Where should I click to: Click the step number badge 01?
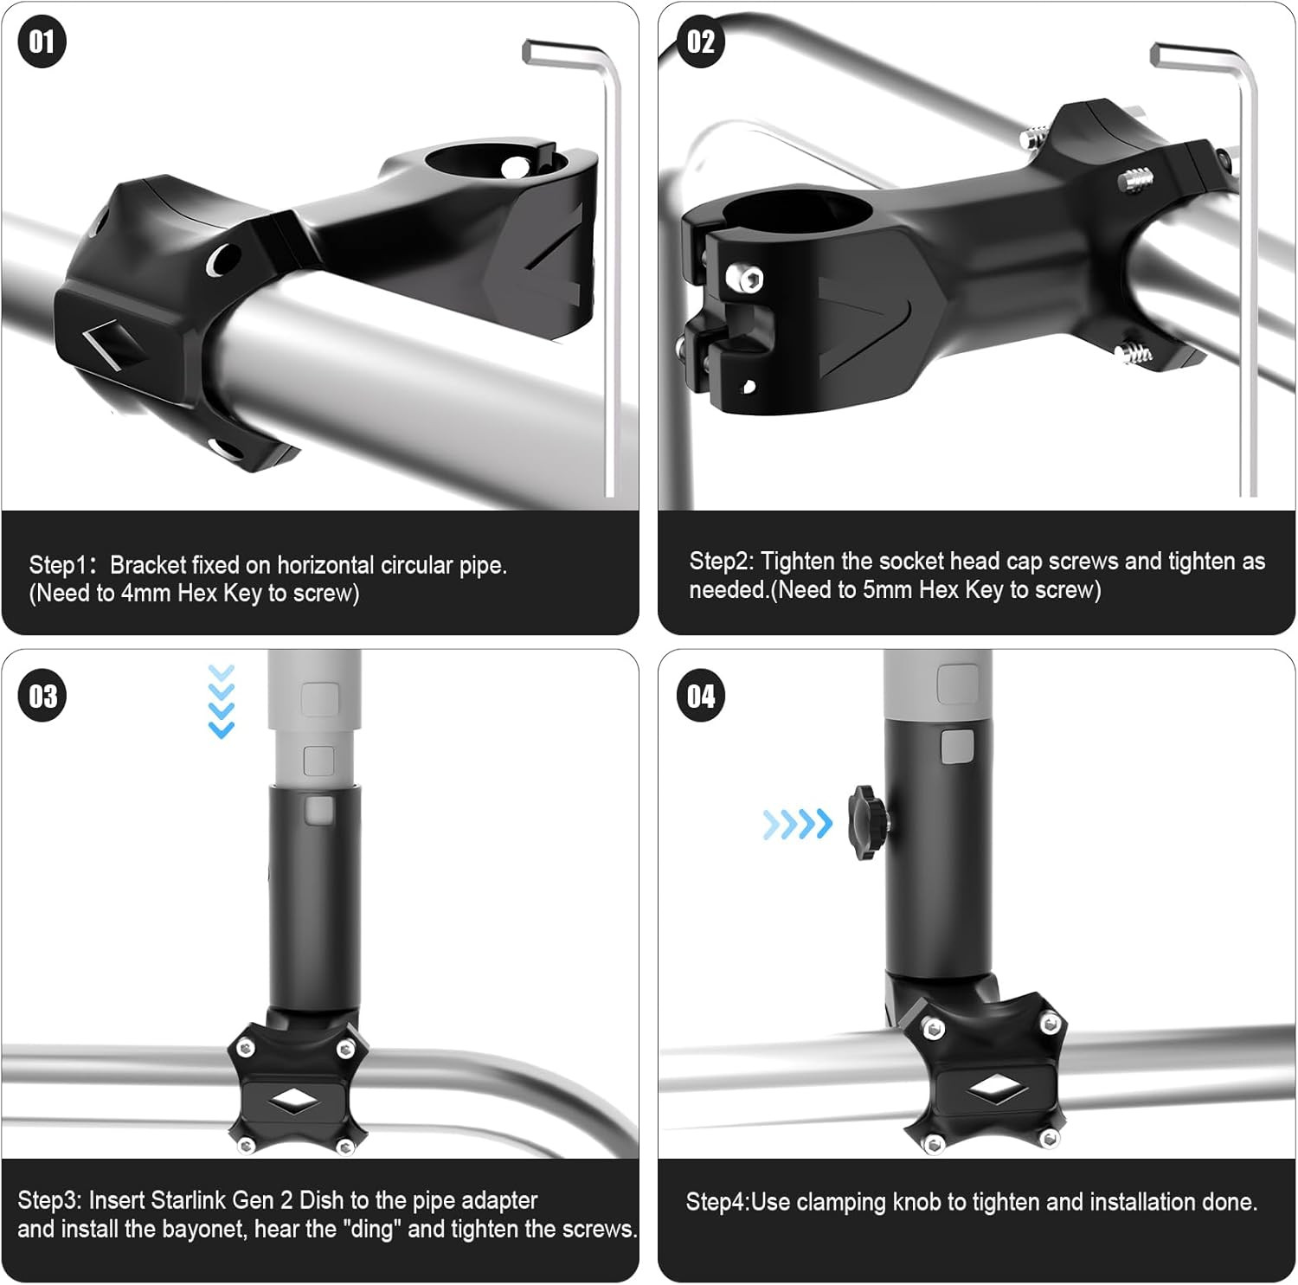click(42, 42)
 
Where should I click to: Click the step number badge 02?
click(701, 42)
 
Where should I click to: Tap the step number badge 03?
click(42, 697)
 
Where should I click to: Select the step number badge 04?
click(701, 697)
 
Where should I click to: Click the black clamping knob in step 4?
click(868, 822)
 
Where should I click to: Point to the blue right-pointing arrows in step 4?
click(797, 824)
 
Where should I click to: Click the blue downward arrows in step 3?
click(222, 702)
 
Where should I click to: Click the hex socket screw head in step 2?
click(747, 279)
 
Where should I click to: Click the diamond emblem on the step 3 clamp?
click(292, 1100)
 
